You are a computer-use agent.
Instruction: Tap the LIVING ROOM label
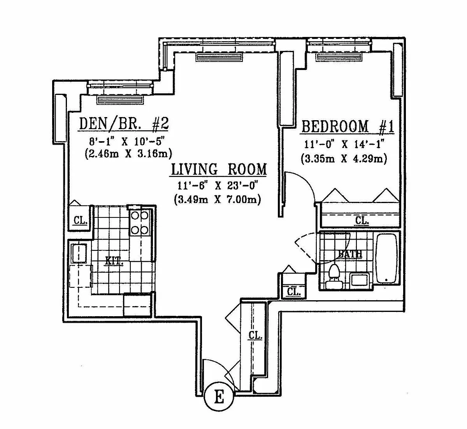tap(219, 169)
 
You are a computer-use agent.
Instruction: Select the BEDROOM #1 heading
tap(348, 127)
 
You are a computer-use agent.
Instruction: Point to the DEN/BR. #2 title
tap(124, 124)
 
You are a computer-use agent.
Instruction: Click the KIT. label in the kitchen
tap(114, 261)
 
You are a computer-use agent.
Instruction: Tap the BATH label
tap(350, 254)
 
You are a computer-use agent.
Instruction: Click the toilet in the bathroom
tap(334, 277)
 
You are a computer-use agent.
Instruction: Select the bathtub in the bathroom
tap(386, 259)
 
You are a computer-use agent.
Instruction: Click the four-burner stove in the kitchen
tap(139, 223)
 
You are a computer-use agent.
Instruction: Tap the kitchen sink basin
tap(79, 254)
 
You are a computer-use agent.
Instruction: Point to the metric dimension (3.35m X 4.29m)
tap(344, 159)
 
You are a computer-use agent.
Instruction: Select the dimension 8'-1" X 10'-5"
tap(127, 141)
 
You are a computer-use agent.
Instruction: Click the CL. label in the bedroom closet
tap(362, 220)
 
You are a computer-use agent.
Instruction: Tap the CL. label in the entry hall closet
tap(255, 335)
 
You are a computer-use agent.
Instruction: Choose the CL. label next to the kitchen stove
tap(81, 220)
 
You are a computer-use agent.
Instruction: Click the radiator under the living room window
tap(219, 57)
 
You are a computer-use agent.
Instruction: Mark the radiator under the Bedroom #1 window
tap(339, 57)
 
